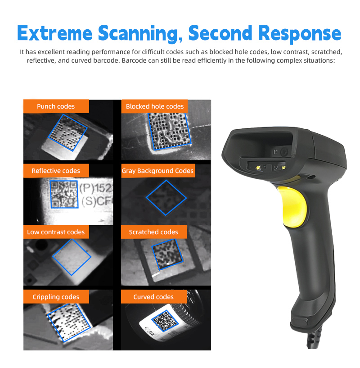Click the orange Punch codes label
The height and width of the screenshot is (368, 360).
56,106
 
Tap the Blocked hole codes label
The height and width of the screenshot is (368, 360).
154,106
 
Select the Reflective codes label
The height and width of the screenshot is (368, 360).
56,171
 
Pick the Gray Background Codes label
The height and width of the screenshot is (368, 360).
158,171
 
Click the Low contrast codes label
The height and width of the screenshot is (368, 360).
56,232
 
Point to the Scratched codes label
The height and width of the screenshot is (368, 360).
153,232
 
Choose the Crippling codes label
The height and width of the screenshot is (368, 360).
56,297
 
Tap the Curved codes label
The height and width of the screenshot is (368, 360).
153,297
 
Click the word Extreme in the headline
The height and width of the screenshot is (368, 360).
54,33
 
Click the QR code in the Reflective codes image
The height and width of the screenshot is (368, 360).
64,194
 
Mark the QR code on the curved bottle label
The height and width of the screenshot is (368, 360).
165,321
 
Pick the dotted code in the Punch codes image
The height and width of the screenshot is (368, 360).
67,132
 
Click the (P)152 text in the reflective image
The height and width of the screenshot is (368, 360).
96,188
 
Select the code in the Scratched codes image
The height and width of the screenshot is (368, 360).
167,254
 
